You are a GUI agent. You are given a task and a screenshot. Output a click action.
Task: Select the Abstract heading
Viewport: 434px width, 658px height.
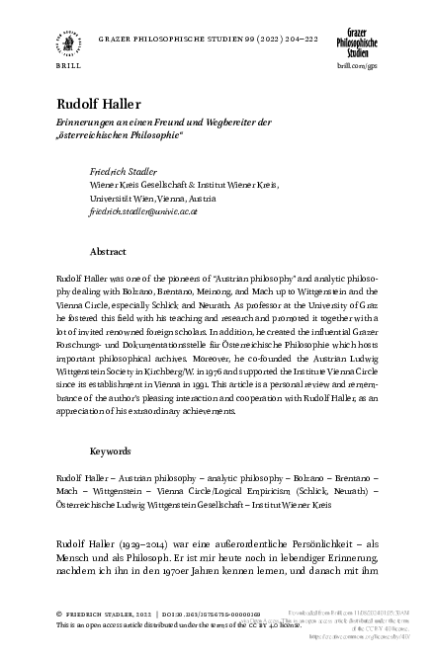(108, 252)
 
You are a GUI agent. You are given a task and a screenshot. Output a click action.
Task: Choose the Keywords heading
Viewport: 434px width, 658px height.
(111, 451)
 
